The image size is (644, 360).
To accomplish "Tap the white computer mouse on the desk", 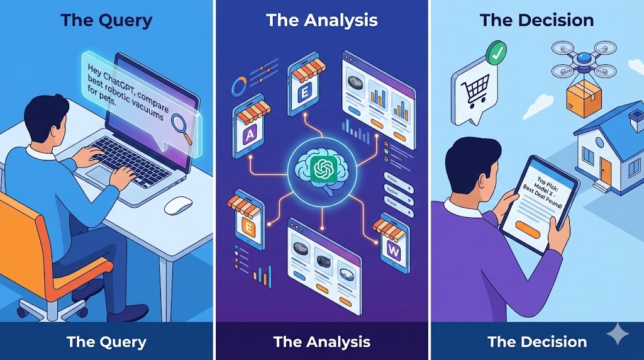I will coord(177,205).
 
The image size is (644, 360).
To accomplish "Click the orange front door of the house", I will coord(605,168).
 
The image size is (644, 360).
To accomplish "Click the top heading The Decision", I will coord(536,20).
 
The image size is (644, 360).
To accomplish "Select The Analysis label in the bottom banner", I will coord(321,342).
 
